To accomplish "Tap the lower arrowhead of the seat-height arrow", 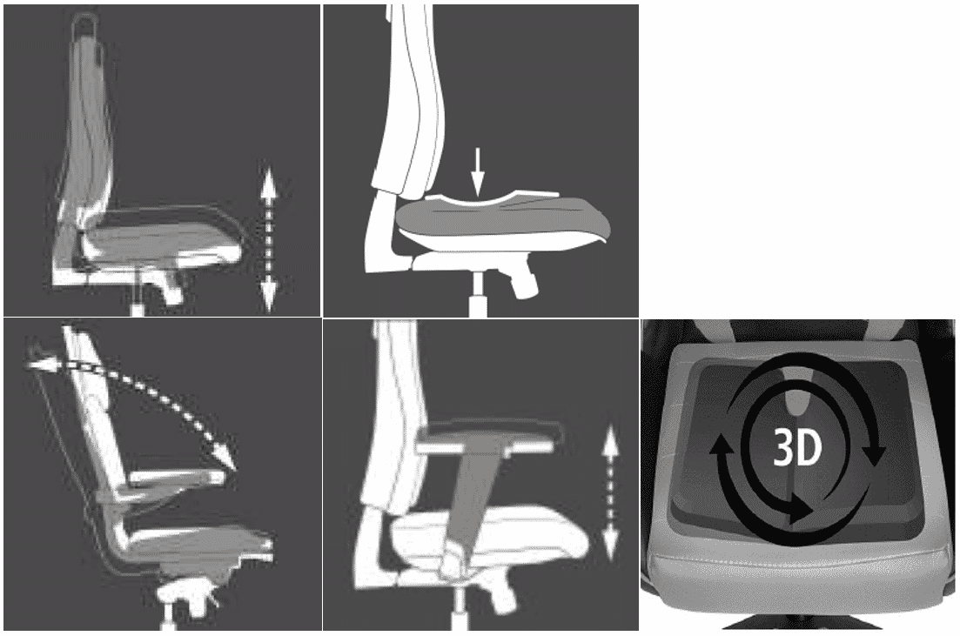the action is (268, 294).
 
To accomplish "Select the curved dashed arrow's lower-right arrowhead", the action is (225, 455).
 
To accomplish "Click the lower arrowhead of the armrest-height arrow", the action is (610, 544).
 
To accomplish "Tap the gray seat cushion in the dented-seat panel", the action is (502, 221).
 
